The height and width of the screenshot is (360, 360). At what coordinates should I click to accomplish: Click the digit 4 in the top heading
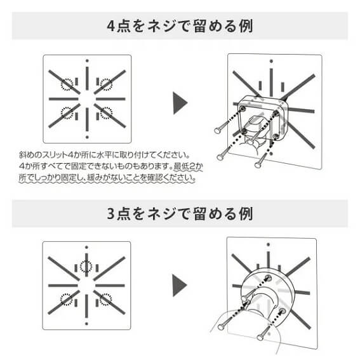tap(111, 26)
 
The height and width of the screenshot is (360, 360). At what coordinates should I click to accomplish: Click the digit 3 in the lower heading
tap(111, 213)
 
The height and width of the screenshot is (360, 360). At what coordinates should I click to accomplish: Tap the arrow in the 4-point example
tap(180, 103)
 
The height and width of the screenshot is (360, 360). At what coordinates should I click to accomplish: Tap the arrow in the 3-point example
tap(180, 285)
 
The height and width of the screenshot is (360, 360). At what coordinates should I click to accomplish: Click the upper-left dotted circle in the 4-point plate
tap(67, 84)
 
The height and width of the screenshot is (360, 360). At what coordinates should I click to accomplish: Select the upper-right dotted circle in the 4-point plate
tap(106, 84)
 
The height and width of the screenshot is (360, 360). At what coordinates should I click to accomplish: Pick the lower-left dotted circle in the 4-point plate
tap(67, 113)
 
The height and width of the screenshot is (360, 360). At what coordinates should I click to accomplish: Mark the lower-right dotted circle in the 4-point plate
tap(106, 113)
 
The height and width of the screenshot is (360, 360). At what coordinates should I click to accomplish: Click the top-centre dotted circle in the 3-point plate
tap(86, 267)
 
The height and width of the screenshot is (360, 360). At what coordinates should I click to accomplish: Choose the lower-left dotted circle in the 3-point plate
tap(67, 300)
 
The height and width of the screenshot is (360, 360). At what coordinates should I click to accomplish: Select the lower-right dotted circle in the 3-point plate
tap(106, 300)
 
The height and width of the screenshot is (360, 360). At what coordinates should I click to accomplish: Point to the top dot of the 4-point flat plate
tap(87, 61)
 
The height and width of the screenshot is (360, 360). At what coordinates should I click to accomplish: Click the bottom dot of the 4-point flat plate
tap(87, 137)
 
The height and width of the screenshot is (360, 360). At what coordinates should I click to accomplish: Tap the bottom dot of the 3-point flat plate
tap(86, 324)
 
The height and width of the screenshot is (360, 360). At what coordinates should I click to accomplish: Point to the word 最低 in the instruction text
tap(180, 166)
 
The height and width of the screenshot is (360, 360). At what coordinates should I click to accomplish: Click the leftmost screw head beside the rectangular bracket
tap(217, 131)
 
